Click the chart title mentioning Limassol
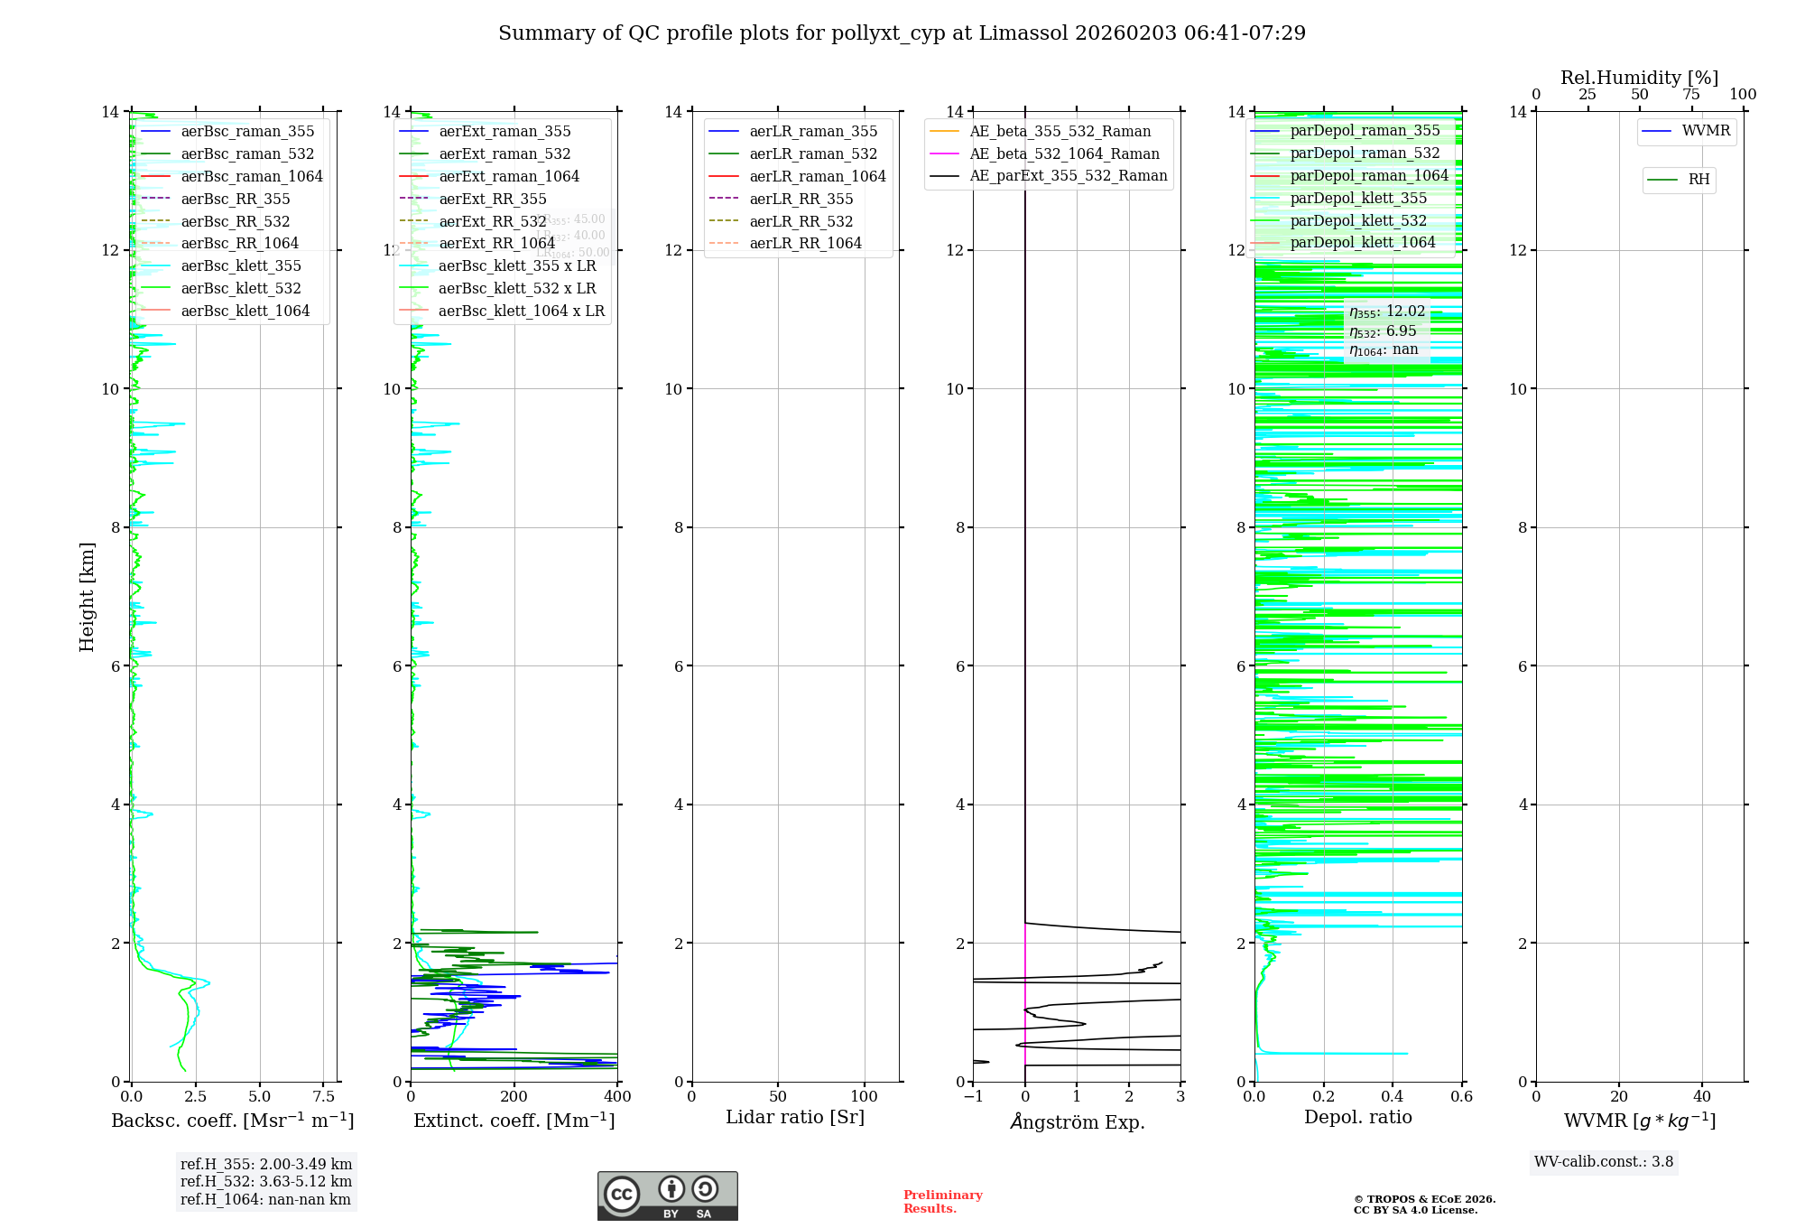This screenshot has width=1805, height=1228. pyautogui.click(x=902, y=33)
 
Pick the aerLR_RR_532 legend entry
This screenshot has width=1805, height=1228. pyautogui.click(x=801, y=221)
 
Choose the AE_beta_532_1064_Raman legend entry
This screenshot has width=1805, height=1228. pyautogui.click(x=1064, y=153)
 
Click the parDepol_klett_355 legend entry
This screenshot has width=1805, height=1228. pyautogui.click(x=1358, y=198)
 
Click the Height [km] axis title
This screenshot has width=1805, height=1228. pyautogui.click(x=87, y=596)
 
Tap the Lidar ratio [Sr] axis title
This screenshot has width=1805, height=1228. pyautogui.click(x=794, y=1118)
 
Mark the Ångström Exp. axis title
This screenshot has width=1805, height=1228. pyautogui.click(x=1077, y=1121)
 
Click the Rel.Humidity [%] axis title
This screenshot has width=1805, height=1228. pyautogui.click(x=1639, y=78)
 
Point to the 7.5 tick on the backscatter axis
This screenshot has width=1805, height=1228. pyautogui.click(x=324, y=1097)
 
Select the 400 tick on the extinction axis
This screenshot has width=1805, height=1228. pyautogui.click(x=617, y=1097)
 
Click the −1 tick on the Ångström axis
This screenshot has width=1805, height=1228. pyautogui.click(x=973, y=1097)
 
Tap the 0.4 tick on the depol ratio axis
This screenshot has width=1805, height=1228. pyautogui.click(x=1393, y=1097)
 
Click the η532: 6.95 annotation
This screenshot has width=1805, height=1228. pyautogui.click(x=1383, y=331)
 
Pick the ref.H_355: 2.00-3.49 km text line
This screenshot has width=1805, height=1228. pyautogui.click(x=266, y=1165)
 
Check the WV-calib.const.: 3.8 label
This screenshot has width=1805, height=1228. pyautogui.click(x=1604, y=1162)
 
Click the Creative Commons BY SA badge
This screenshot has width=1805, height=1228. pyautogui.click(x=667, y=1195)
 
